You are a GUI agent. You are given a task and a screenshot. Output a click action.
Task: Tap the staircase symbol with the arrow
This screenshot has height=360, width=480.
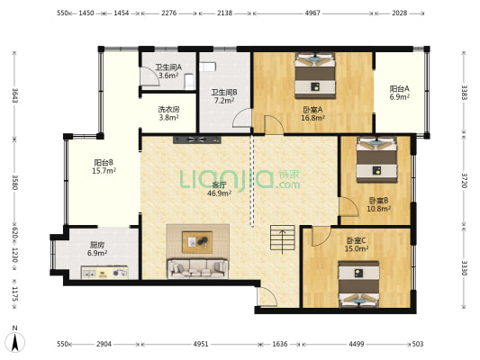[282, 238]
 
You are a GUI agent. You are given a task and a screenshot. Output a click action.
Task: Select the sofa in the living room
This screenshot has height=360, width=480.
[197, 269]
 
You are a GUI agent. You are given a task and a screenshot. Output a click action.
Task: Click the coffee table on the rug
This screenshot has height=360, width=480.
[197, 242]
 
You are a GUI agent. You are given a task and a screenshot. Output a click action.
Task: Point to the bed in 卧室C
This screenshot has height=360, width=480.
[358, 283]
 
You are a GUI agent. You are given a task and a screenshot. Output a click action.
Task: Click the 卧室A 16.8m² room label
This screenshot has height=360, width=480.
[312, 113]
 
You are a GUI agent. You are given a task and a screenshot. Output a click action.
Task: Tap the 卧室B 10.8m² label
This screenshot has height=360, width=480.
[378, 204]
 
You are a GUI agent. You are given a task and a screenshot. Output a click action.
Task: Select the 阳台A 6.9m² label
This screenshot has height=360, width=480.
[400, 93]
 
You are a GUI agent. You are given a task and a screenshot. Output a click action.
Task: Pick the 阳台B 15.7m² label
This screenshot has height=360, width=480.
[104, 166]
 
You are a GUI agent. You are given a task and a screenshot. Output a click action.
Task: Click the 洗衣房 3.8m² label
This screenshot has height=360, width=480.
[168, 113]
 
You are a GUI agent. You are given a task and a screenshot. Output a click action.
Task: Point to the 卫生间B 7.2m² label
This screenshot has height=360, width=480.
[224, 96]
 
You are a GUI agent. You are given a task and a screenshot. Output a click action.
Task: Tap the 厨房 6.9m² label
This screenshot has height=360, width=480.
[97, 248]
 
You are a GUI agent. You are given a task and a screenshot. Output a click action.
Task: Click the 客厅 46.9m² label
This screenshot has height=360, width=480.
[219, 189]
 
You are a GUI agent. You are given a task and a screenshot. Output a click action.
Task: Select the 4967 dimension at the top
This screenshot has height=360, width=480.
[312, 13]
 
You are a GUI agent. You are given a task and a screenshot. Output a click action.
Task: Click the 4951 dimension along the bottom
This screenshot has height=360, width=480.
[201, 344]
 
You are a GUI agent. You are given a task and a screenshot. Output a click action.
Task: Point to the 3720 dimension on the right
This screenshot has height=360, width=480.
[465, 181]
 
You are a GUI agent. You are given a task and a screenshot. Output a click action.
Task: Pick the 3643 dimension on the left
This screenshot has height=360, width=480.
[14, 95]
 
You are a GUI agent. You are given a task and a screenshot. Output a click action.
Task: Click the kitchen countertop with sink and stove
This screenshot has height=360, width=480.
[104, 273]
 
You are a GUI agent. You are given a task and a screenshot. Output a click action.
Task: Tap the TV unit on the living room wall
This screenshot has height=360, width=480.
[197, 139]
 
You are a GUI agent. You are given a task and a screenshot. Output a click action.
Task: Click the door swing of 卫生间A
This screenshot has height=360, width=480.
[150, 76]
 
